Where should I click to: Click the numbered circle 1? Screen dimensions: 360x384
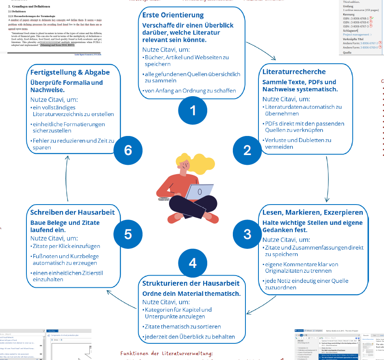(x=193, y=110)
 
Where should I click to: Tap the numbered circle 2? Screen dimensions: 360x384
(x=247, y=150)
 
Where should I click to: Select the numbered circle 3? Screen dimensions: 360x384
(x=247, y=234)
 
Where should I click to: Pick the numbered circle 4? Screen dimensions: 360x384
(x=193, y=263)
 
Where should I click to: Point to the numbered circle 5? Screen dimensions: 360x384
(x=128, y=234)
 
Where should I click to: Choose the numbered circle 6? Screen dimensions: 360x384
(x=128, y=150)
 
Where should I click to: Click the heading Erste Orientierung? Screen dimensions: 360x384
(x=173, y=15)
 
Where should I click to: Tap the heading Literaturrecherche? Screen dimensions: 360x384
(x=294, y=72)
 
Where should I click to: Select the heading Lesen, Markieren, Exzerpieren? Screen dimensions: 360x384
(x=312, y=212)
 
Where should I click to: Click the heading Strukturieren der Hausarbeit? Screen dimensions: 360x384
(x=191, y=283)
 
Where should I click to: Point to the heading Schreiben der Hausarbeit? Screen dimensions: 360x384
(x=73, y=212)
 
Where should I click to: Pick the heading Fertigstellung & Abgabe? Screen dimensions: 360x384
(x=70, y=72)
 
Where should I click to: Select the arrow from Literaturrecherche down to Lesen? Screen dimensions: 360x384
(x=327, y=179)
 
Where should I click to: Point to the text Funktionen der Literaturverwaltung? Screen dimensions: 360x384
(x=167, y=354)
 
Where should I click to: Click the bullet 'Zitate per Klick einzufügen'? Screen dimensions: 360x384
(x=66, y=246)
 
